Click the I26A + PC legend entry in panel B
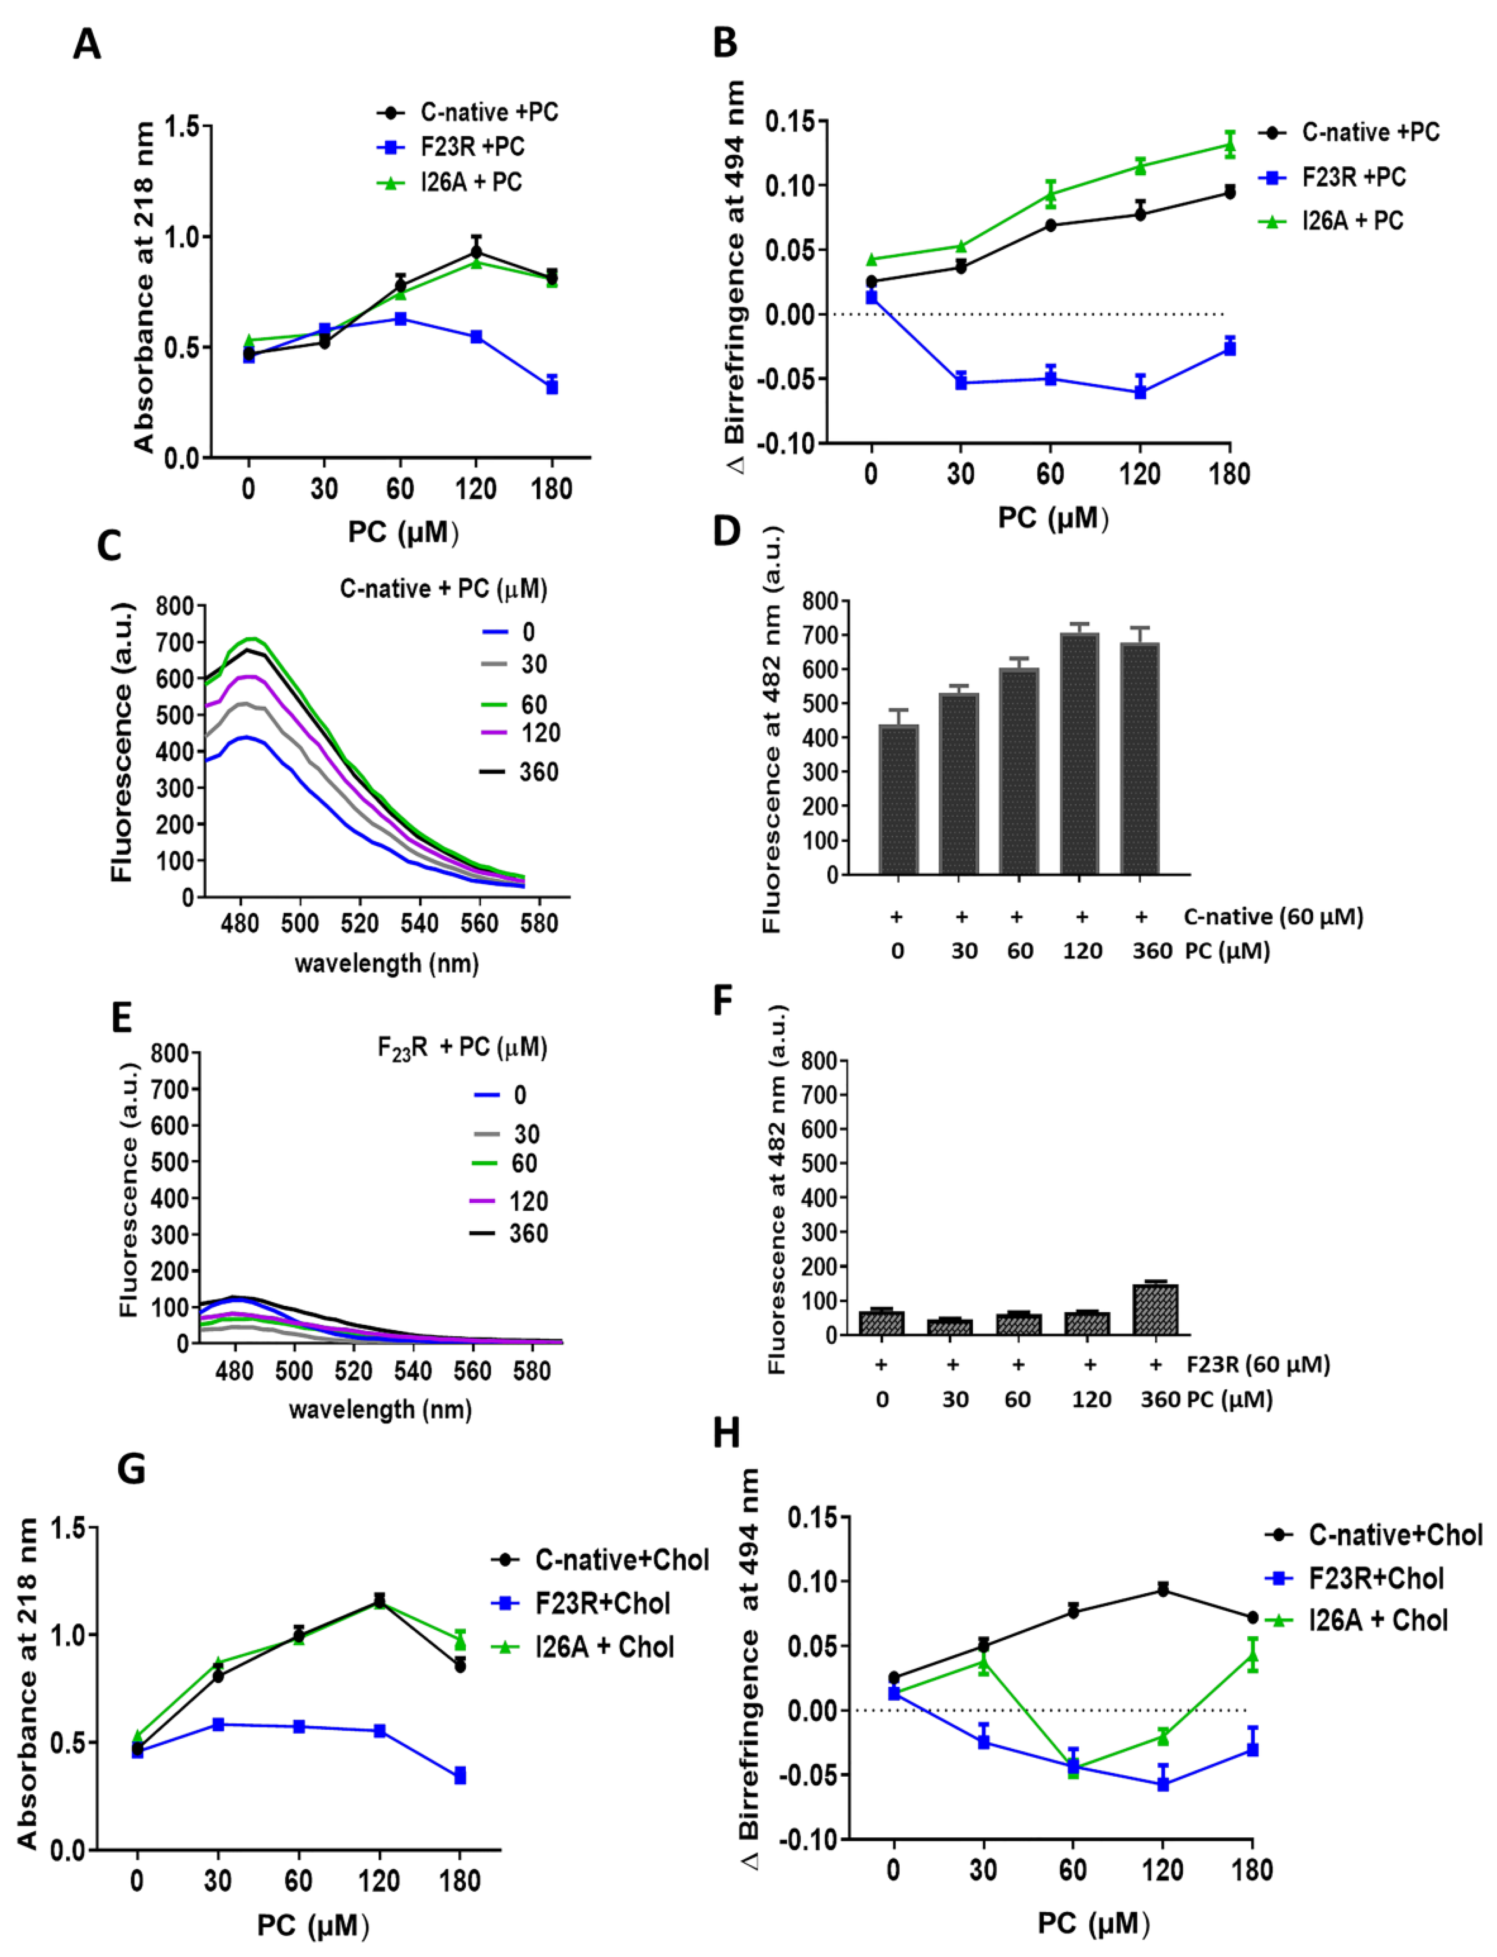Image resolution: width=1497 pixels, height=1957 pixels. [x=1352, y=221]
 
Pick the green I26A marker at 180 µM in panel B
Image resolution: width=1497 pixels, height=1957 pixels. [x=1230, y=144]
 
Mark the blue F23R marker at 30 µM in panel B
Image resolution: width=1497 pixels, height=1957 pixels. [x=961, y=382]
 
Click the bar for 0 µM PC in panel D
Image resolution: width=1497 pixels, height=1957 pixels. [x=898, y=800]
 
